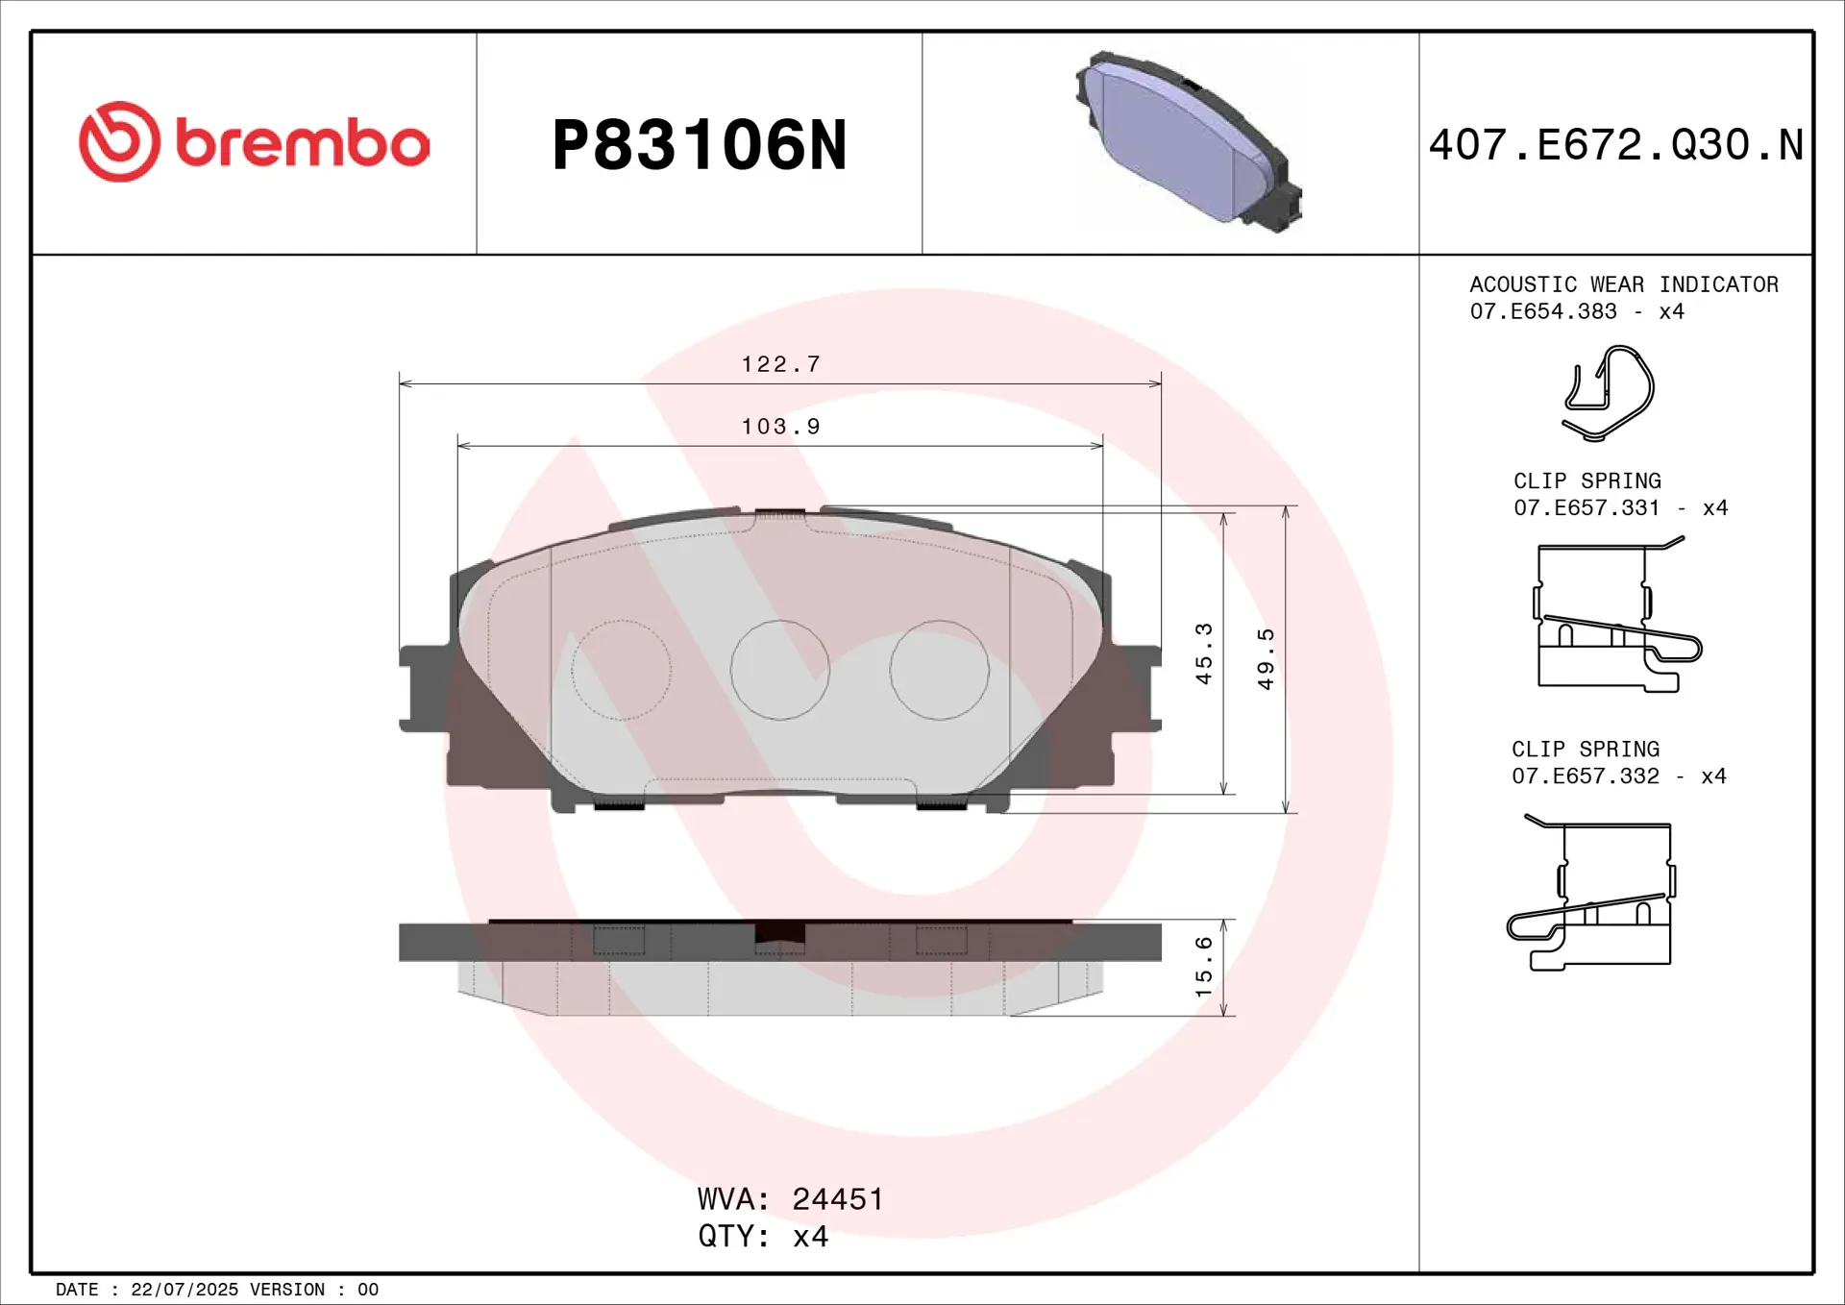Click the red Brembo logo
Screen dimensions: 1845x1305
coord(255,142)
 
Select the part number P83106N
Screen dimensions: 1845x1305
coord(700,145)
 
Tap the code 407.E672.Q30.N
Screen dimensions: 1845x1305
coord(1615,145)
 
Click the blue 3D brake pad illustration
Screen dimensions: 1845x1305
coord(1189,141)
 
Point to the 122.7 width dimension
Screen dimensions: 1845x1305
coord(781,364)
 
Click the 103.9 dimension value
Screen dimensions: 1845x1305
coord(781,427)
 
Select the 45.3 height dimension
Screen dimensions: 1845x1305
coord(1204,653)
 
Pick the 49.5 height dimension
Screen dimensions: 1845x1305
coord(1267,659)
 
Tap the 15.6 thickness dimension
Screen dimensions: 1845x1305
coord(1204,967)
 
